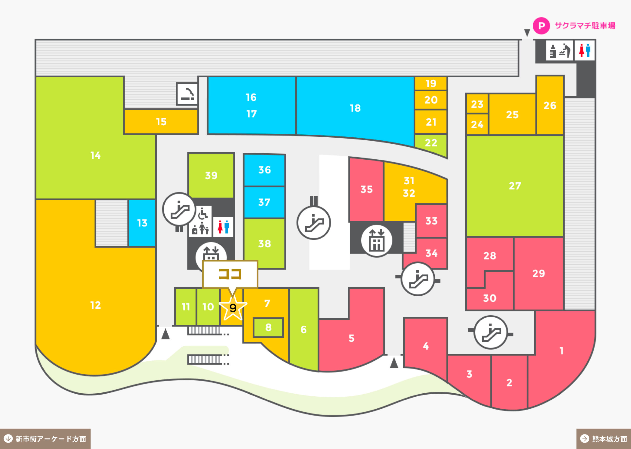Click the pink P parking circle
(x=541, y=26)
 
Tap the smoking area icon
(x=187, y=94)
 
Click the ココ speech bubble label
(x=230, y=274)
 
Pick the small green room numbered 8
(x=268, y=328)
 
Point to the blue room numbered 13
(x=142, y=223)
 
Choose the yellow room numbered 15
(x=161, y=122)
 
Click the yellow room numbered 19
(x=431, y=83)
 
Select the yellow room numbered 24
(x=477, y=124)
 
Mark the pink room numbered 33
(x=431, y=221)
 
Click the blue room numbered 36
(x=264, y=170)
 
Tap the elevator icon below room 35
(x=376, y=241)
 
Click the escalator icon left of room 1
(x=491, y=332)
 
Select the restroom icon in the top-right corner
(x=584, y=50)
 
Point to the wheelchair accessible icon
(x=203, y=213)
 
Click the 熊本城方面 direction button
(x=604, y=439)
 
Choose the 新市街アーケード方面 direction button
(x=45, y=439)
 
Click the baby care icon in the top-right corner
(x=559, y=50)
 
